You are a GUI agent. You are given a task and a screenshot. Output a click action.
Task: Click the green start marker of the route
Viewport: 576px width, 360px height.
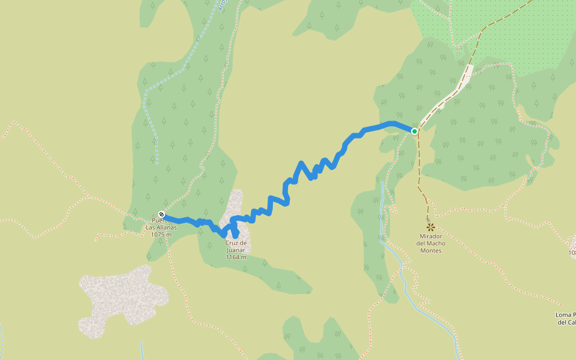[414, 131]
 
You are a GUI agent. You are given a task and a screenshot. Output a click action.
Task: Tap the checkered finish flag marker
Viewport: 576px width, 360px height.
[161, 214]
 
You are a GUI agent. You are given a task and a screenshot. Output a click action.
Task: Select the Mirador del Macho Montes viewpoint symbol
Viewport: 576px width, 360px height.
[430, 227]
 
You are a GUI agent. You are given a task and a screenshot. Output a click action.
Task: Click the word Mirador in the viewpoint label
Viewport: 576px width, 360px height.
[430, 236]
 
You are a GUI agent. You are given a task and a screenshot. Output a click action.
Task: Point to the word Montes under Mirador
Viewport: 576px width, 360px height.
[431, 250]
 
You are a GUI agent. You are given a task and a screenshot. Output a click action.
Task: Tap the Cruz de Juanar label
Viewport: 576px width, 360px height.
[236, 246]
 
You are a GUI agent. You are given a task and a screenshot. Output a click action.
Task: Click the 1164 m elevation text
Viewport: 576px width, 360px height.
[236, 257]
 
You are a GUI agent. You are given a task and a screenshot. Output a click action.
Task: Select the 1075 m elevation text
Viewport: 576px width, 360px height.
[161, 235]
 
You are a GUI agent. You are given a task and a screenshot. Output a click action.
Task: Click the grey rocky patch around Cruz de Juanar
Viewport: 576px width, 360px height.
[236, 204]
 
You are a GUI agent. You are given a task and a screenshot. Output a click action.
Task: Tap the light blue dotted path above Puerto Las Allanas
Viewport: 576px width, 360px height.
[150, 120]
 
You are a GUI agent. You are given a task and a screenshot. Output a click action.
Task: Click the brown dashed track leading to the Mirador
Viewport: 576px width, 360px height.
[419, 174]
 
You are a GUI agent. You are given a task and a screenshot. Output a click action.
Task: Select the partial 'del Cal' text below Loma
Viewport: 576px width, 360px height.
[566, 323]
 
